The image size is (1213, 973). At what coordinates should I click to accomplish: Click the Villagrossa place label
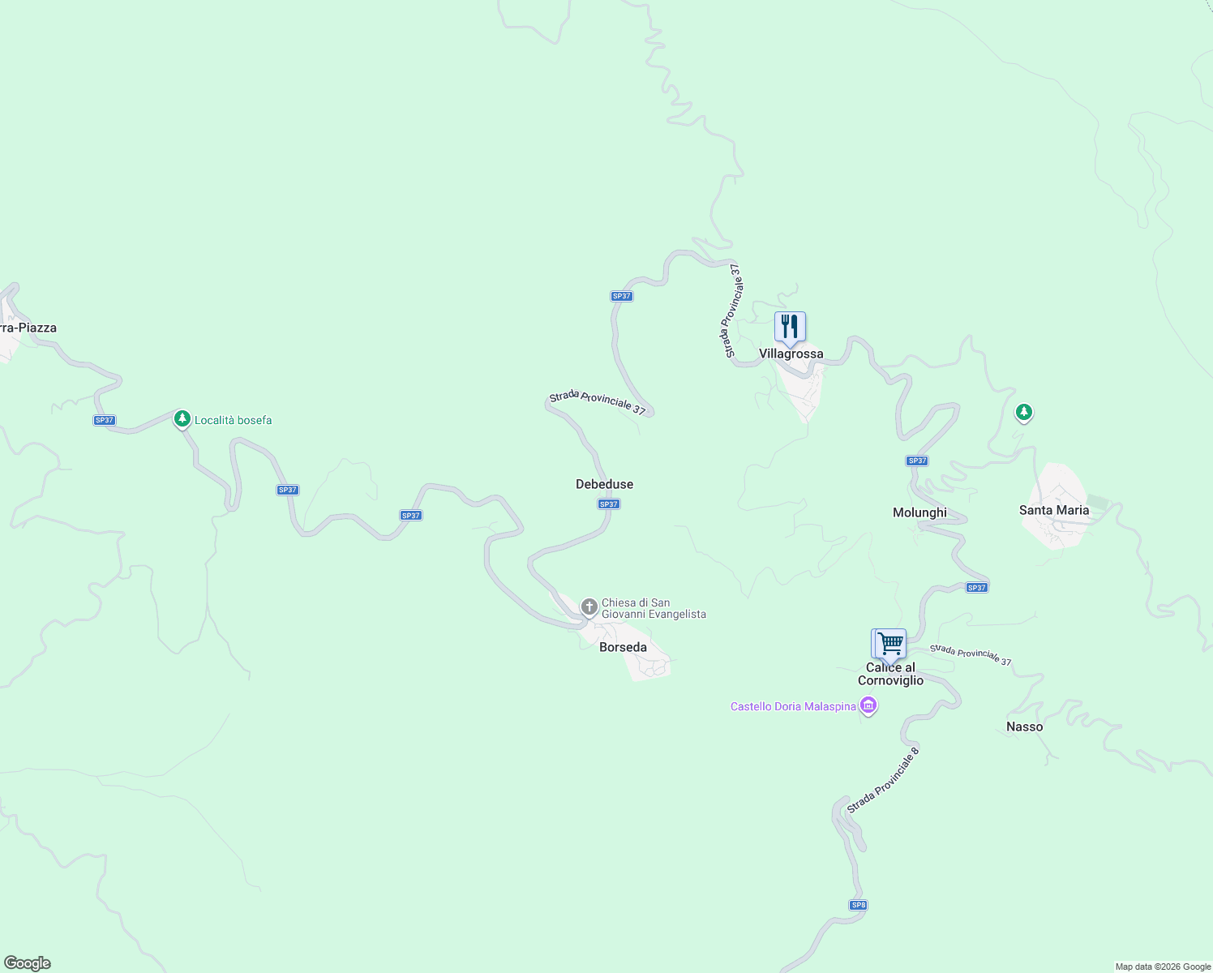pyautogui.click(x=791, y=354)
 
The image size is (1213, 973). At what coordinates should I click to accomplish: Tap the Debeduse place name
pyautogui.click(x=604, y=485)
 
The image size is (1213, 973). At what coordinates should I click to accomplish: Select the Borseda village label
pyautogui.click(x=623, y=648)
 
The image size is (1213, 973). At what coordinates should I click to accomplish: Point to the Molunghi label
pyautogui.click(x=919, y=513)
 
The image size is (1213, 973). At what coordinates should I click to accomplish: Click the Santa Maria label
pyautogui.click(x=1053, y=511)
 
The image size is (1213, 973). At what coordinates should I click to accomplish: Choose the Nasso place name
pyautogui.click(x=1024, y=727)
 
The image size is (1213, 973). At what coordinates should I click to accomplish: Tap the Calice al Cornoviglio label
pyautogui.click(x=890, y=675)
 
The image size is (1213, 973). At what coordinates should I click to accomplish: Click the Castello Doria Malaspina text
pyautogui.click(x=793, y=707)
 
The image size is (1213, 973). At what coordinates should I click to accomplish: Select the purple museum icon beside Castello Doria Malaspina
pyautogui.click(x=868, y=706)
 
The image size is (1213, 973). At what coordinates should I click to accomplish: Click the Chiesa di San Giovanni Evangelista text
pyautogui.click(x=654, y=609)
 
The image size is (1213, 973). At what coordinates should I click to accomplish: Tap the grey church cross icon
pyautogui.click(x=589, y=607)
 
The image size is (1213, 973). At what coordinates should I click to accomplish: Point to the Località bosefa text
pyautogui.click(x=233, y=421)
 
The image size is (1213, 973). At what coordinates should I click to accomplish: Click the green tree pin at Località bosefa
pyautogui.click(x=182, y=418)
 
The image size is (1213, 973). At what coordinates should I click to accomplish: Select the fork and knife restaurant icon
pyautogui.click(x=790, y=327)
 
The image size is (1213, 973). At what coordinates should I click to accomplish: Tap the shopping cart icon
pyautogui.click(x=889, y=644)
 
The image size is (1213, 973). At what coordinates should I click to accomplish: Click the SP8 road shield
pyautogui.click(x=858, y=905)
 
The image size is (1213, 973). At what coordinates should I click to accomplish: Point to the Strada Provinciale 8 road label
pyautogui.click(x=883, y=781)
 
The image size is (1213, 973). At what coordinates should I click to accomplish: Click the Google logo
pyautogui.click(x=28, y=963)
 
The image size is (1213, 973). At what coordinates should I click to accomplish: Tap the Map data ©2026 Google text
pyautogui.click(x=1162, y=967)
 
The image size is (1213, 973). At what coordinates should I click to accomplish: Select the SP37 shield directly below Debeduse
pyautogui.click(x=609, y=504)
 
